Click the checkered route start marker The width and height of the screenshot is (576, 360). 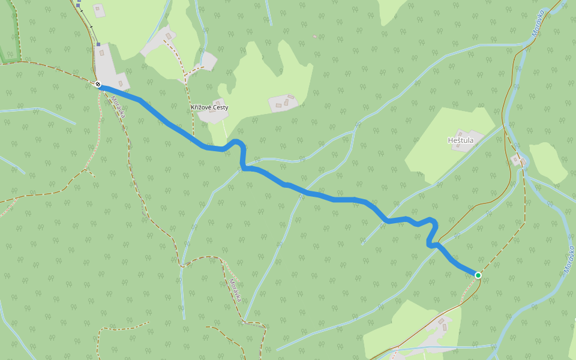click(98, 85)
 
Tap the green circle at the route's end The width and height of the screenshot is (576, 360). click(478, 275)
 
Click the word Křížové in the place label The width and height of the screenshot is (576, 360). click(200, 107)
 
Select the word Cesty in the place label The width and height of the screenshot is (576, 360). click(220, 107)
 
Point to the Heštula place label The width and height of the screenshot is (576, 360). click(461, 140)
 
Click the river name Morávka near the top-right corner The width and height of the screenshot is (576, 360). click(538, 23)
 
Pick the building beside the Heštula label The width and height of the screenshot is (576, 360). click(461, 133)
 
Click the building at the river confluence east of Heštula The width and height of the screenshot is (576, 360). click(516, 160)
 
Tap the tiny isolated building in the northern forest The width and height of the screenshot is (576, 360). click(315, 37)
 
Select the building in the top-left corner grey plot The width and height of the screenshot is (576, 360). click(100, 10)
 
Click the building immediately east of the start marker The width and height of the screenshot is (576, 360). click(121, 83)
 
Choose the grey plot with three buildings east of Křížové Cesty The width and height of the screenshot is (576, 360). click(283, 103)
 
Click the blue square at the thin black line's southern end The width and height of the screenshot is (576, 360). click(98, 44)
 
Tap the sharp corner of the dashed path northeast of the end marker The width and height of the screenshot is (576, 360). click(524, 223)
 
